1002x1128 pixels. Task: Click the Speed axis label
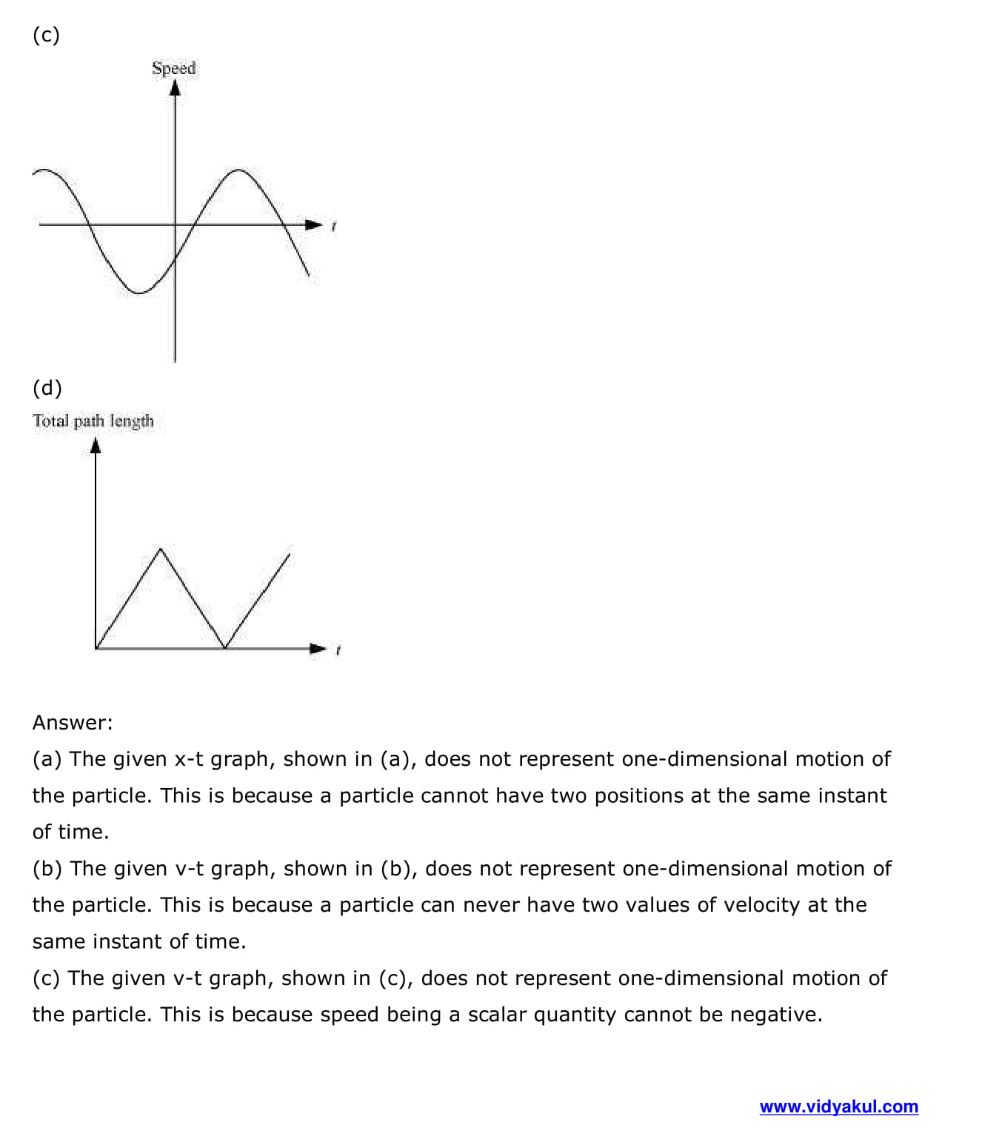pos(174,68)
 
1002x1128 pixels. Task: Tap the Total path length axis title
pos(93,421)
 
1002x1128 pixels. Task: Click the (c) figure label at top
pos(46,35)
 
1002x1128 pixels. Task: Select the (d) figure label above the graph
pos(47,388)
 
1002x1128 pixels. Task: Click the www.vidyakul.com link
pos(838,1107)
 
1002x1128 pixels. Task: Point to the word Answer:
pos(73,723)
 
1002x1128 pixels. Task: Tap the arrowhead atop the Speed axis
pos(175,88)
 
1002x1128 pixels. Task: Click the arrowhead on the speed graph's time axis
pos(315,224)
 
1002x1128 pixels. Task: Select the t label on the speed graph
pos(334,226)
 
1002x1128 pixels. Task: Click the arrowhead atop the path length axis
pos(96,445)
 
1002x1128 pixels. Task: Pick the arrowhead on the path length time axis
pos(318,649)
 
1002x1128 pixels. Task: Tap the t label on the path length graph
pos(338,650)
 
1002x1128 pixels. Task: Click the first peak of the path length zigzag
pos(161,550)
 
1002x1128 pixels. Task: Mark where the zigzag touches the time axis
pos(225,648)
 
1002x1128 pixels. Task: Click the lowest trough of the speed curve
pos(139,293)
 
